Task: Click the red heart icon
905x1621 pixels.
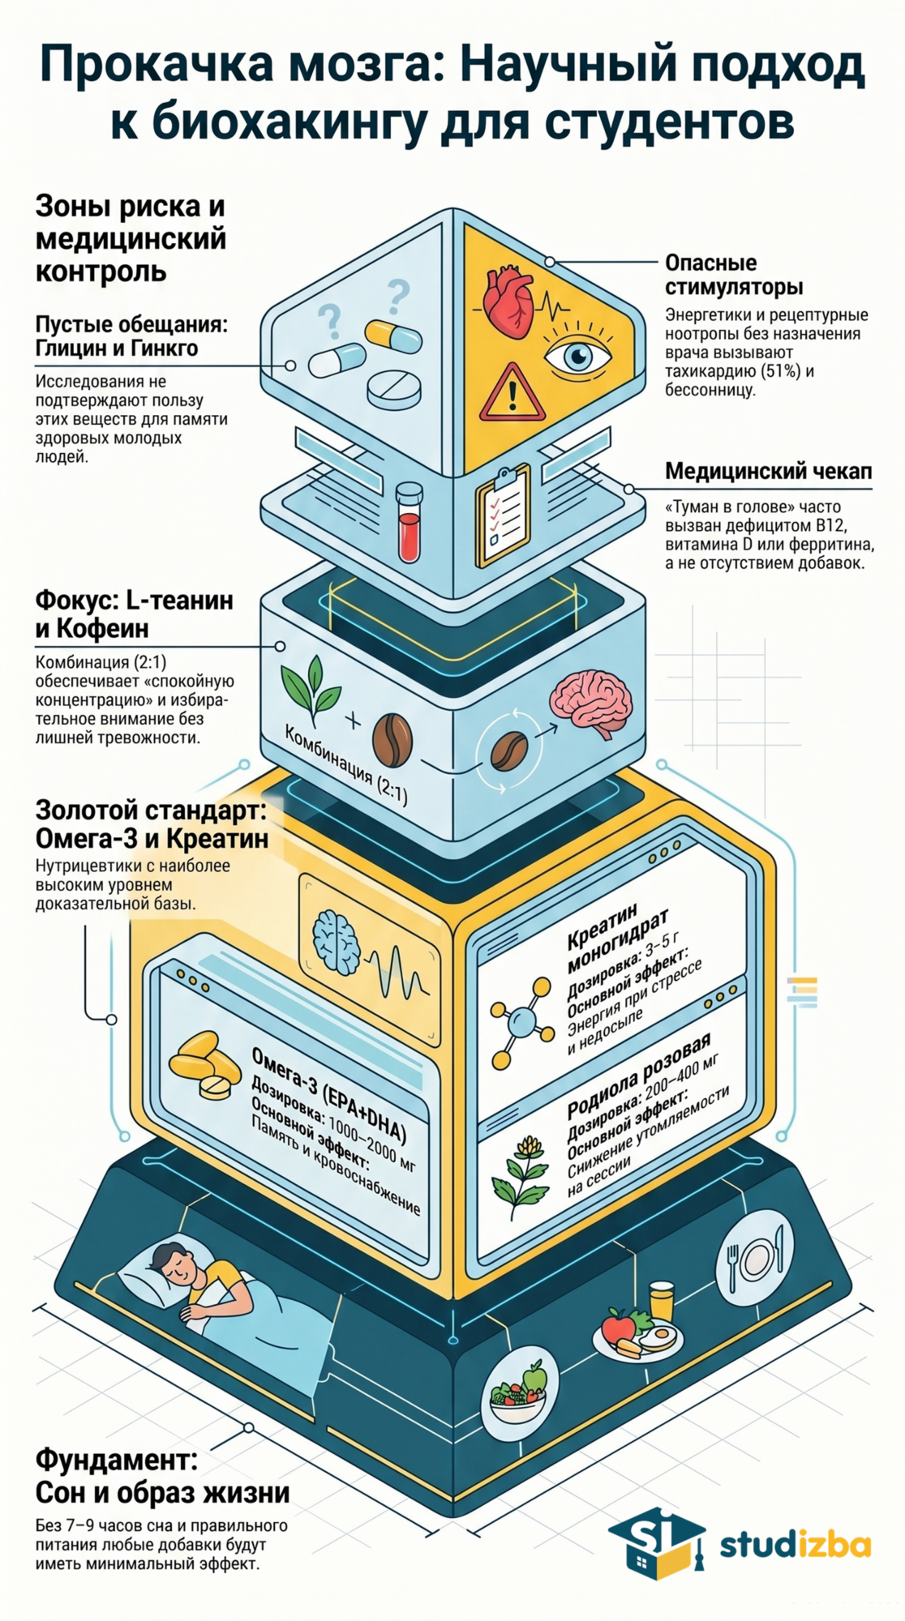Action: tap(508, 303)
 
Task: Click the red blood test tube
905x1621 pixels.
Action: tap(409, 524)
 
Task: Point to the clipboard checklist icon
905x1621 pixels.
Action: tap(503, 515)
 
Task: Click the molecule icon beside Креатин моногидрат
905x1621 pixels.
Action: tap(520, 1023)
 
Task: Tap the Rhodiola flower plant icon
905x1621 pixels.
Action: tap(521, 1175)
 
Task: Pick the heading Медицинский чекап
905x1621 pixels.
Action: tap(768, 472)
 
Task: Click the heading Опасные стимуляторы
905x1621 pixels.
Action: tap(733, 275)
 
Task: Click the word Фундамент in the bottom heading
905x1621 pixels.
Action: tap(116, 1460)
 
